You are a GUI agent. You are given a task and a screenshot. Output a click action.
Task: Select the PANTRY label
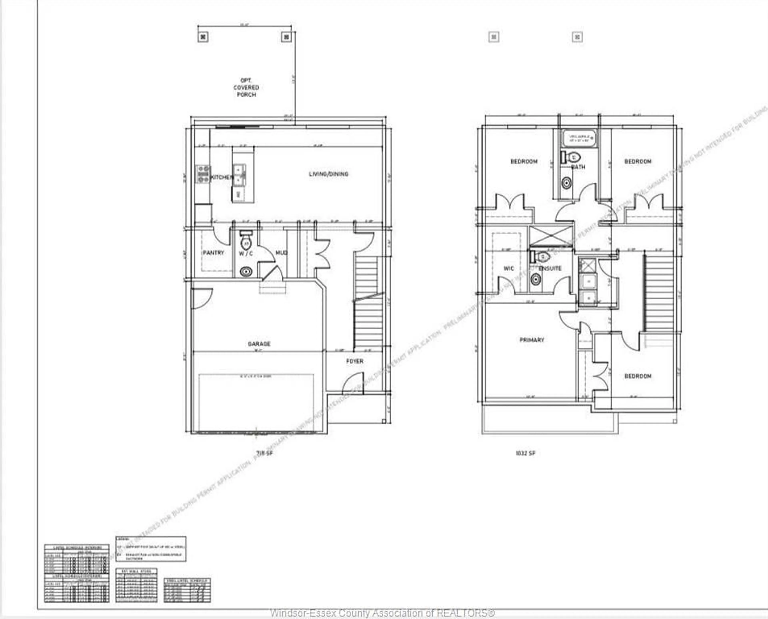[x=213, y=252]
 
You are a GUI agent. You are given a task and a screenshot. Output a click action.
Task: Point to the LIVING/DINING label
[x=328, y=174]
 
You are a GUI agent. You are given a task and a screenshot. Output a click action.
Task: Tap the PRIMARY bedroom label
[x=532, y=340]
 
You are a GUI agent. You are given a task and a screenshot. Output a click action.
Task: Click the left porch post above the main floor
[x=203, y=37]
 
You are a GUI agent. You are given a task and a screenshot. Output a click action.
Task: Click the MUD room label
[x=281, y=252]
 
